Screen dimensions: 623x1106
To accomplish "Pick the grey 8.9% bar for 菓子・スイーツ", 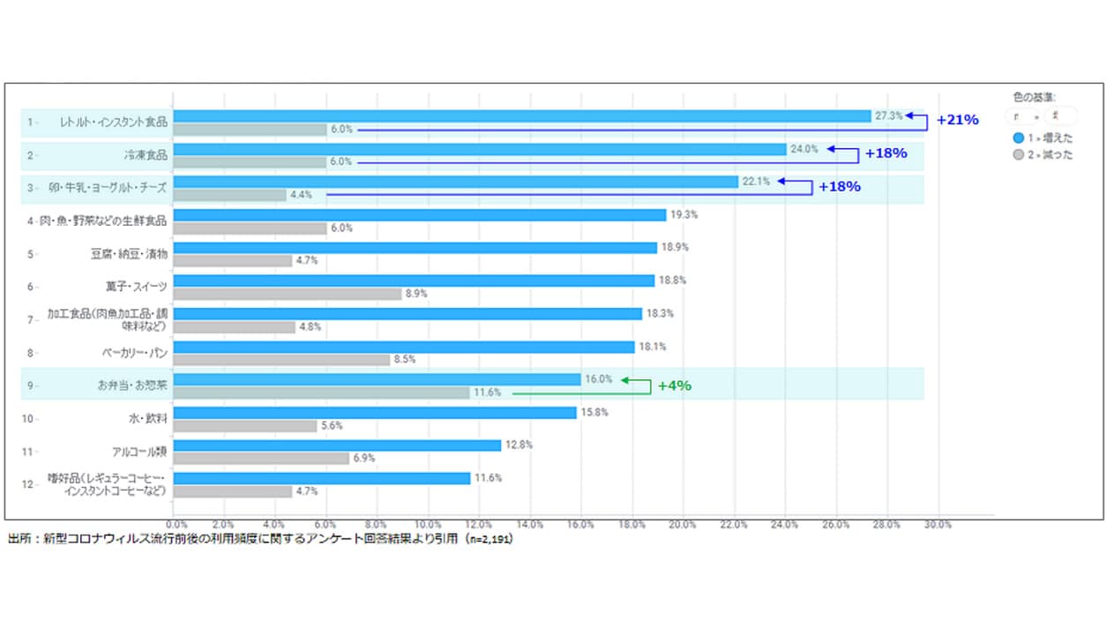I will pos(288,294).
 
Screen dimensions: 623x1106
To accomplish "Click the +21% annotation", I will pos(958,120).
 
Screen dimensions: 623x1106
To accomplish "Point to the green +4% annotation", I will pos(676,386).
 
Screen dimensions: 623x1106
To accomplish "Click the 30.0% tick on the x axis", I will pos(938,524).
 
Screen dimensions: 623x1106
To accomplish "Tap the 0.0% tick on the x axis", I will pos(176,524).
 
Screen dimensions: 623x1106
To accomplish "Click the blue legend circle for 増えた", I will pos(1019,139).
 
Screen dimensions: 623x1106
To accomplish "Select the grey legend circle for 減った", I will pos(1019,154).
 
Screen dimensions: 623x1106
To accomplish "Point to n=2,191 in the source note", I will pos(490,539).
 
